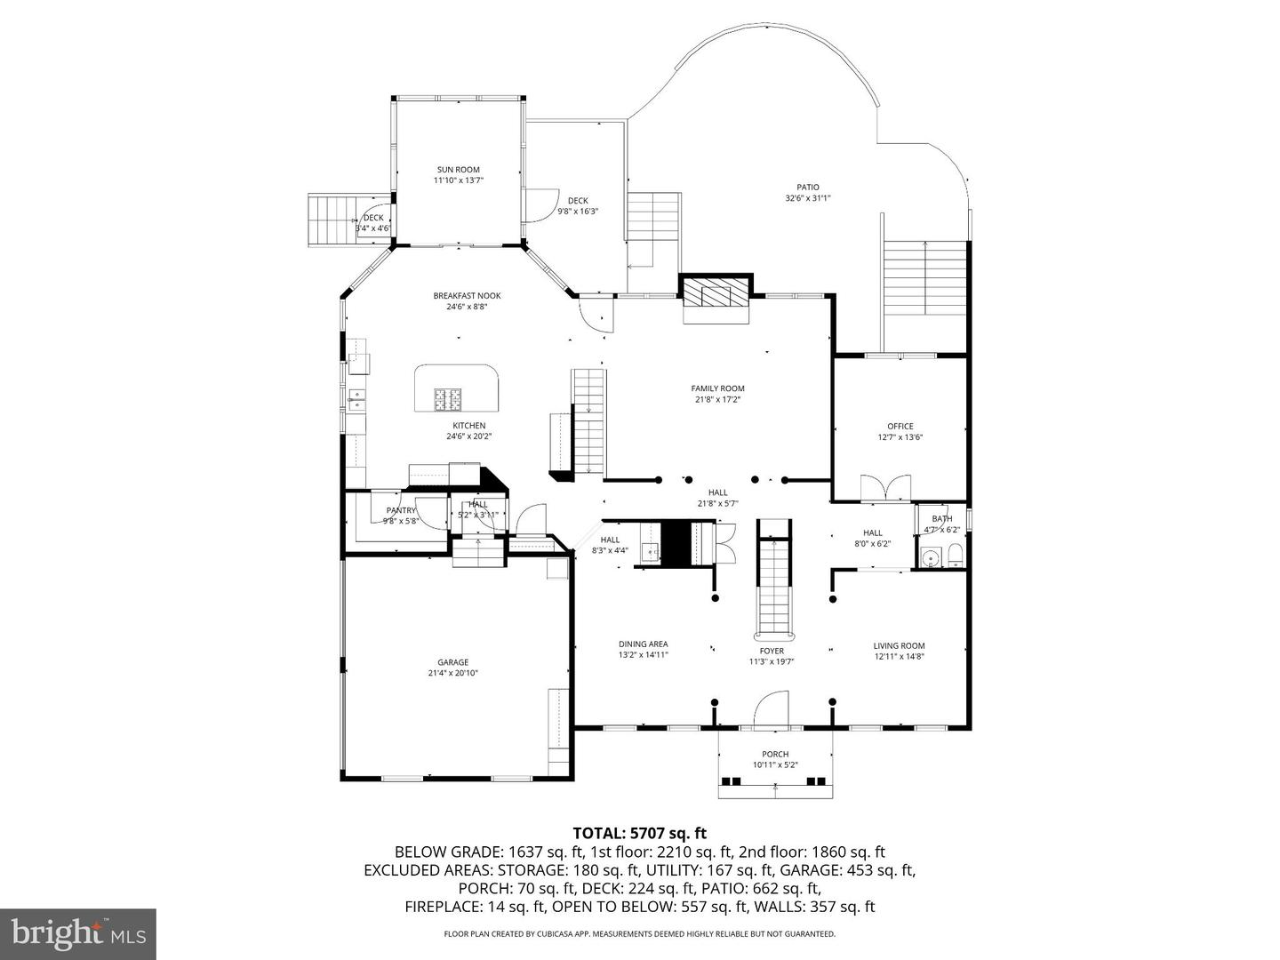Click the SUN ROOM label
[458, 170]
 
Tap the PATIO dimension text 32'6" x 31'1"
[807, 198]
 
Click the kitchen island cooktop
[447, 400]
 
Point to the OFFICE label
[900, 427]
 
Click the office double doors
[885, 488]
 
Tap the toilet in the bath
[954, 557]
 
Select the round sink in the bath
[931, 559]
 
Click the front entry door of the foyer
[771, 711]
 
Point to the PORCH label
[775, 754]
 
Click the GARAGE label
[452, 662]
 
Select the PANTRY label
[401, 510]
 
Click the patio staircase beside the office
[924, 277]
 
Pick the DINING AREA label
[643, 644]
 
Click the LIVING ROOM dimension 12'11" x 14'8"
[899, 657]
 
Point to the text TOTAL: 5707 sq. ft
[639, 833]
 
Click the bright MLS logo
[78, 933]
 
